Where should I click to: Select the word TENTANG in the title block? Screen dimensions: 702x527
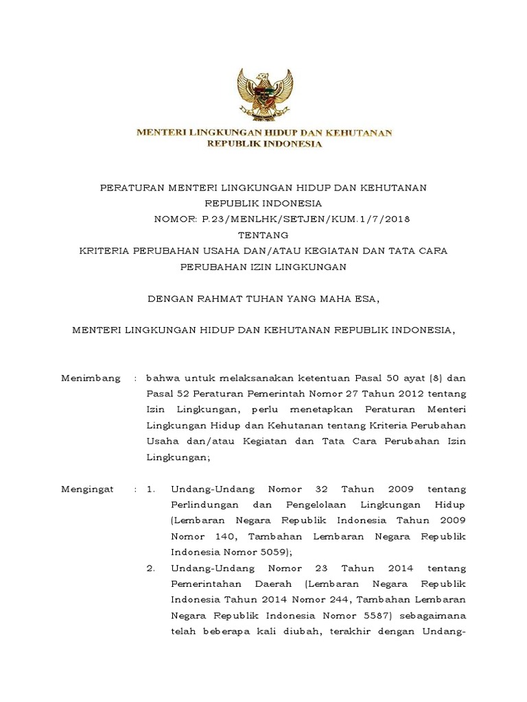click(263, 234)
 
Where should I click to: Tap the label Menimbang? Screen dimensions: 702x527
click(91, 378)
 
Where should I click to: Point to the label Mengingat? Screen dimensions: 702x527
click(91, 489)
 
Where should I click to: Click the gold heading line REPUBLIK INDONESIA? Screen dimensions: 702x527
click(264, 144)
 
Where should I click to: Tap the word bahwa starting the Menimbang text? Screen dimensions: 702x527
click(162, 378)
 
